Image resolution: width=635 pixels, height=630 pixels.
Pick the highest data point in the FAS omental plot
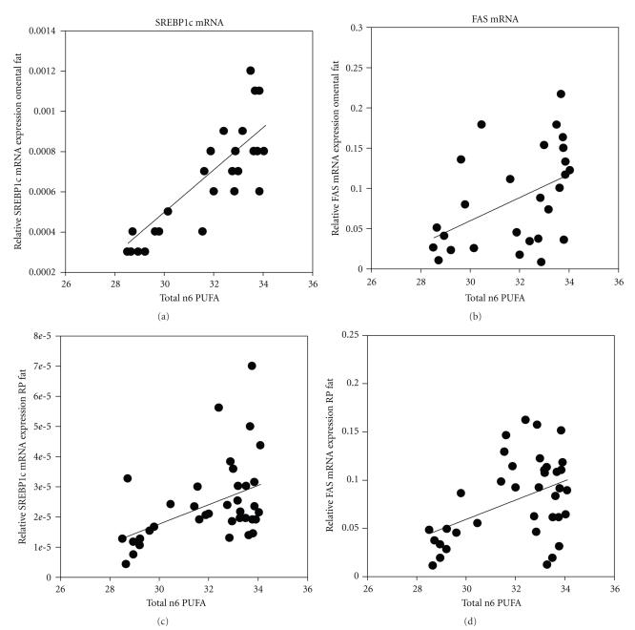coord(561,94)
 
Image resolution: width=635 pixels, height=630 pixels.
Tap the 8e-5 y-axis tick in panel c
coord(39,337)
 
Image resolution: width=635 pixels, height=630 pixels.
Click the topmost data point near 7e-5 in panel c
coord(252,366)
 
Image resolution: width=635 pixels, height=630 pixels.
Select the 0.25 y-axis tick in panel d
coord(352,336)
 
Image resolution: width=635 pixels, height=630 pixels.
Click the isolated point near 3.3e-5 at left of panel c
coord(127,478)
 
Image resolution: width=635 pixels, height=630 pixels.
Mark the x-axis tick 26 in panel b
coord(372,283)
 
